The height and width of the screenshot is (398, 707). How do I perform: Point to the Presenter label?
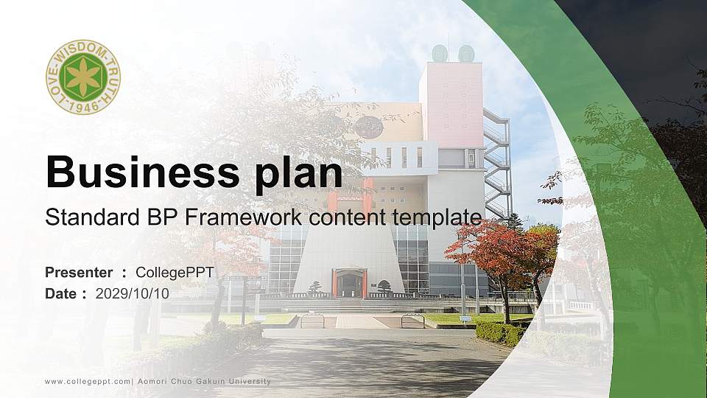click(79, 273)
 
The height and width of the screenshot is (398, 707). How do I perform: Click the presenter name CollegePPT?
click(175, 273)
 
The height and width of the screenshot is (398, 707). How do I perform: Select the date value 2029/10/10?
click(132, 293)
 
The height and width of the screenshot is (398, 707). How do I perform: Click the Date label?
click(61, 293)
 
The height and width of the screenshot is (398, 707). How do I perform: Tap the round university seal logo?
click(83, 77)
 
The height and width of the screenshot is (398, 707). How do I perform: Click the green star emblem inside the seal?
click(83, 77)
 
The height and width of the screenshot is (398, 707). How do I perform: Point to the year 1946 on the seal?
click(83, 107)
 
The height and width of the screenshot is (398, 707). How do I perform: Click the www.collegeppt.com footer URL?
click(88, 381)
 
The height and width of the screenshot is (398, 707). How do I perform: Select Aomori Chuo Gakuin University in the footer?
click(205, 381)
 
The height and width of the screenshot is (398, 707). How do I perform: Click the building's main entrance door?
click(349, 285)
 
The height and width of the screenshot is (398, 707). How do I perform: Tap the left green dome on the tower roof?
click(440, 53)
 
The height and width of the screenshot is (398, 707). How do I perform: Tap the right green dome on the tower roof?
click(465, 53)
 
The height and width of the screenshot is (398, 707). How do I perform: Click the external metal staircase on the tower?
click(497, 162)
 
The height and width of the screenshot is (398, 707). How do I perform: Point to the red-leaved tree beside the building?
click(501, 251)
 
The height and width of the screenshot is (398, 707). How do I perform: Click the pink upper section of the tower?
click(451, 103)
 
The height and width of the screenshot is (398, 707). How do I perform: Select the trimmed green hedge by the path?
click(500, 333)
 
